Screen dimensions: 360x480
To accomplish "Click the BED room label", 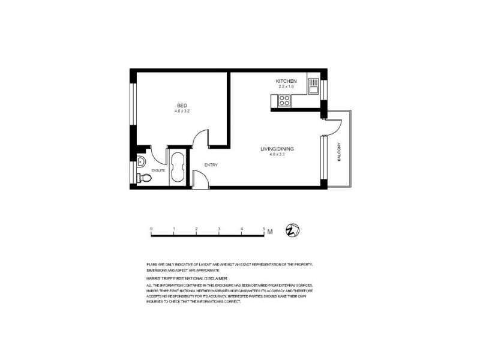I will (x=182, y=106).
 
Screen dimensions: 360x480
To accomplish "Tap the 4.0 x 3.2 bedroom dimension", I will (x=182, y=112).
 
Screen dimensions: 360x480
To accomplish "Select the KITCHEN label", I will (x=286, y=81).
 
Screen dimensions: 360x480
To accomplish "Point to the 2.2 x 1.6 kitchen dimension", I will (x=286, y=87).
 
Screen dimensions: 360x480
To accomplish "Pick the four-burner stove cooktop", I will (x=284, y=100).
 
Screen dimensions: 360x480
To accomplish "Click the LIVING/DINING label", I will (x=277, y=149).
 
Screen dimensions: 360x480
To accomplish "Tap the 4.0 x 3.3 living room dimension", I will (x=277, y=155).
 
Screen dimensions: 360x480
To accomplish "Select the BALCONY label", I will (x=339, y=152).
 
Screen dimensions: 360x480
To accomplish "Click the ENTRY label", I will (x=211, y=165).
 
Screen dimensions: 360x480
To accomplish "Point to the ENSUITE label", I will (x=158, y=170).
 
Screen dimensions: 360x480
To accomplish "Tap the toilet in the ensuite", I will (x=142, y=177).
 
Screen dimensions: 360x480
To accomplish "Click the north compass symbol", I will (x=293, y=230).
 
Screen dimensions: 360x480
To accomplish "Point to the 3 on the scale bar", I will (x=219, y=229).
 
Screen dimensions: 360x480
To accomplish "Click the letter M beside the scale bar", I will (x=271, y=232).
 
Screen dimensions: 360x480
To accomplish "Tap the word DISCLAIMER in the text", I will (x=212, y=278).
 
